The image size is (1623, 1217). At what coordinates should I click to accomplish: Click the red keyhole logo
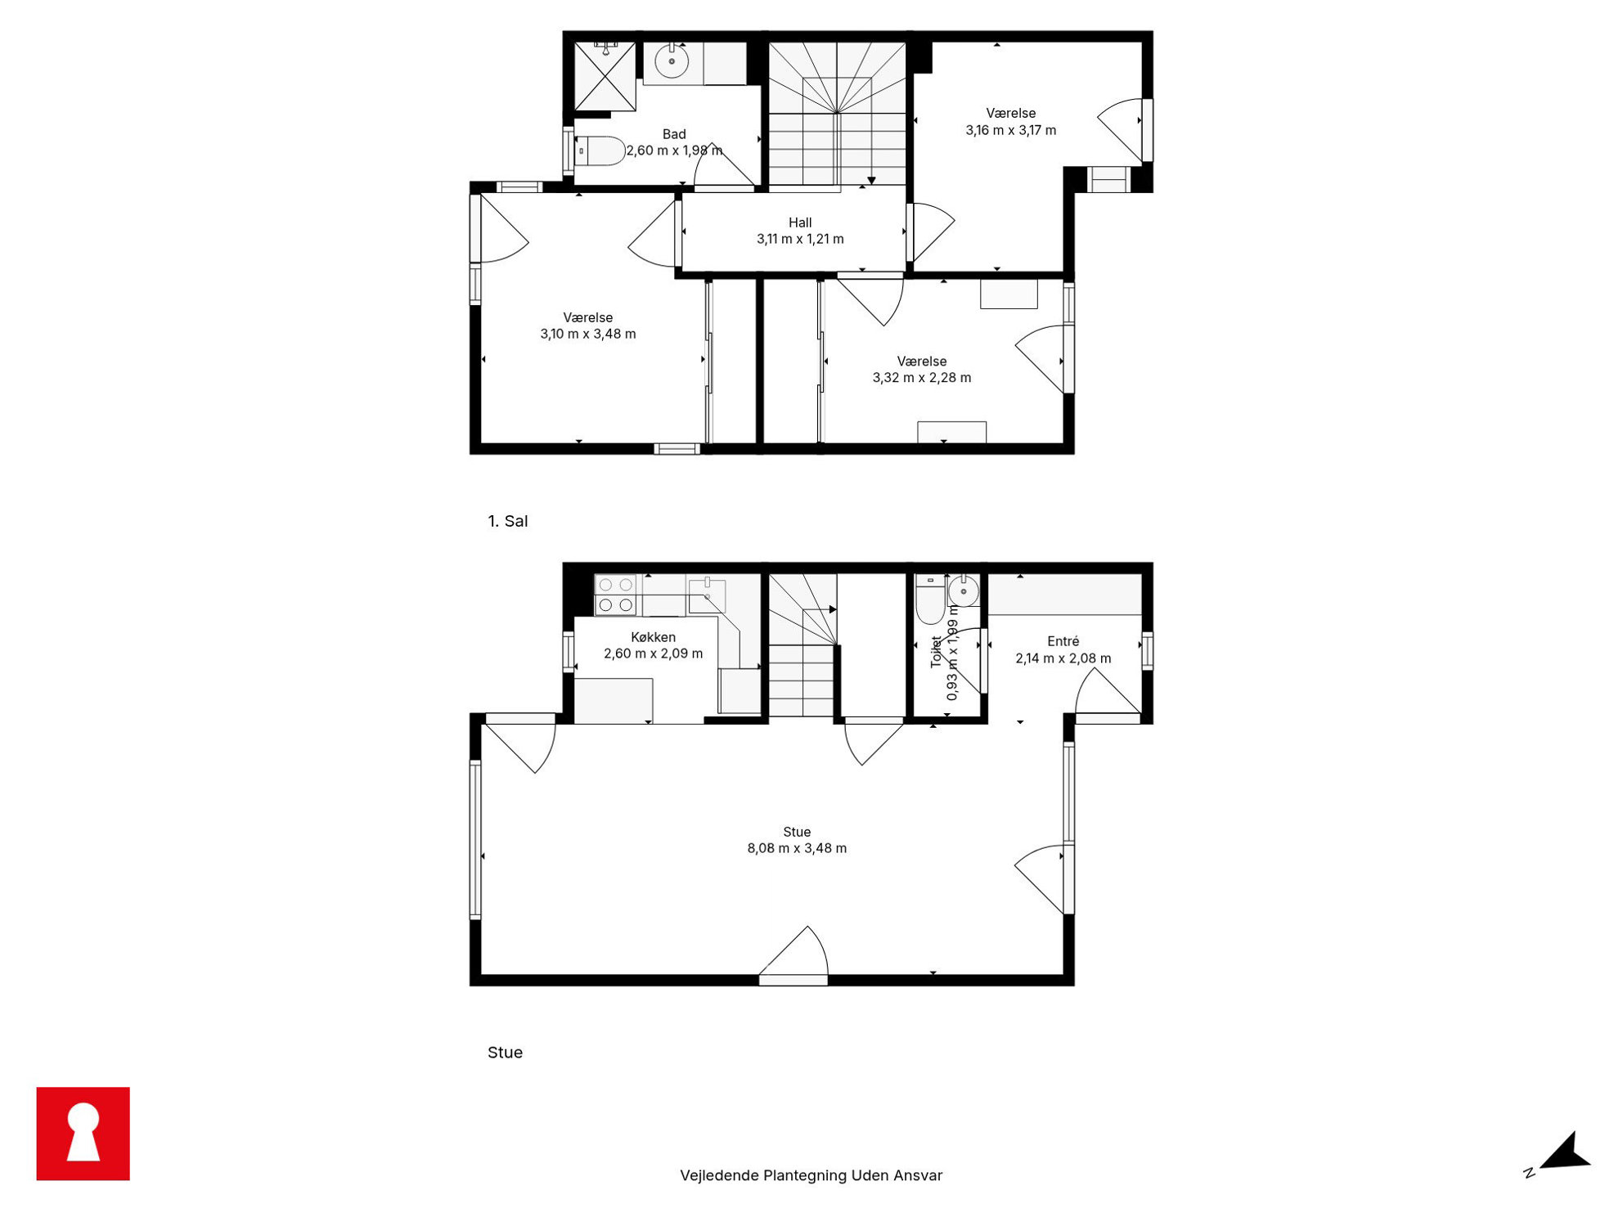[x=83, y=1133]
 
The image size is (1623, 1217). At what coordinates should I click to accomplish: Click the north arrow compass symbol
[x=1562, y=1155]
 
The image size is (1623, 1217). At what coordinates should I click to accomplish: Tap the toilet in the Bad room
[x=600, y=151]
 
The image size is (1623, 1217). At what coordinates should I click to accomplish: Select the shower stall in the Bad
[x=605, y=76]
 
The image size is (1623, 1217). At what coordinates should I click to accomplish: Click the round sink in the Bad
[x=672, y=61]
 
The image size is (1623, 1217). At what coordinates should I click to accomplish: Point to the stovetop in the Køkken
[x=615, y=595]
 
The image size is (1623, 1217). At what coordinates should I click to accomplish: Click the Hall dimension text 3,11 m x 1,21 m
[x=800, y=239]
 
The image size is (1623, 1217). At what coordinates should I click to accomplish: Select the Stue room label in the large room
[x=797, y=832]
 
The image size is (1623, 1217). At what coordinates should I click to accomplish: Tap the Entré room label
[x=1063, y=641]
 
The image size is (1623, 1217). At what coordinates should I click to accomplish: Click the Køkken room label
[x=653, y=637]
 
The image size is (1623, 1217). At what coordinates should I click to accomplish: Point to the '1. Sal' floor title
[x=507, y=521]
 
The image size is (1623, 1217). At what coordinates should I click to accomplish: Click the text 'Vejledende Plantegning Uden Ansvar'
[x=811, y=1175]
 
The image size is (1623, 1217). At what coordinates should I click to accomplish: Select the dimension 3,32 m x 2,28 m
[x=922, y=378]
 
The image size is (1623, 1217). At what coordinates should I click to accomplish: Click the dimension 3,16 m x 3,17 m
[x=1010, y=130]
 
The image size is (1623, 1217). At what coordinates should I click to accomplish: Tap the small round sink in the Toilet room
[x=964, y=591]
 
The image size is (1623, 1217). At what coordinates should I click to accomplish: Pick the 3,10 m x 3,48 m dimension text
[x=587, y=334]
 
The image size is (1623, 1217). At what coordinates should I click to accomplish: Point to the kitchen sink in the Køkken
[x=707, y=595]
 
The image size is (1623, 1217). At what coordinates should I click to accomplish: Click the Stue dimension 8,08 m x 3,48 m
[x=797, y=848]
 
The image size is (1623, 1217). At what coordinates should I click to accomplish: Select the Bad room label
[x=674, y=134]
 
